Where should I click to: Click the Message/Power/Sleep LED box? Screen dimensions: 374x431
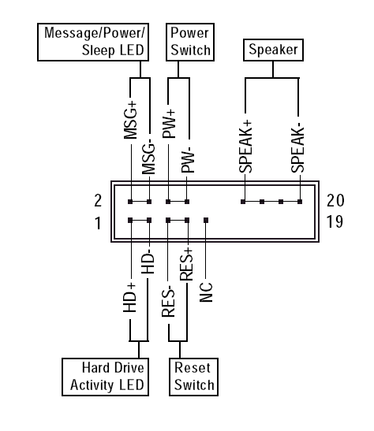pos(93,42)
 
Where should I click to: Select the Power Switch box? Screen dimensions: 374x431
pos(190,42)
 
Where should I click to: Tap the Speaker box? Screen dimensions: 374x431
pos(273,50)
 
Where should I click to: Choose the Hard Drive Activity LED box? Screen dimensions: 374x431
pos(105,377)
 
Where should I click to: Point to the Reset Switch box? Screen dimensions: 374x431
pos(193,377)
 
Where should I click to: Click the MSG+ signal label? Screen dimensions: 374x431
pos(130,121)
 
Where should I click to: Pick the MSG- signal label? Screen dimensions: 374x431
pos(148,158)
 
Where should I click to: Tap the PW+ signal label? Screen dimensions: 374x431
pos(169,124)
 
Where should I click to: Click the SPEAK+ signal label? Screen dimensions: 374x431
pos(245,147)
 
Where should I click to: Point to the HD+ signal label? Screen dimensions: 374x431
pos(129,297)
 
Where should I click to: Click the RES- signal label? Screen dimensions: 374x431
pos(168,302)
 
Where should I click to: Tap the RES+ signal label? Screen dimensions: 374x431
pos(186,264)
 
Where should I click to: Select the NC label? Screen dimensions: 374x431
pos(206,292)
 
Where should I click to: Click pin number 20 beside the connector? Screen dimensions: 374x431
pos(335,200)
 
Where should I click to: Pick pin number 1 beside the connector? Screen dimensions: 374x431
pos(98,223)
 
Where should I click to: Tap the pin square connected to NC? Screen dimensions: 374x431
pos(206,220)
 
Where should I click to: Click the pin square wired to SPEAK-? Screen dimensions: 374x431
pos(300,202)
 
